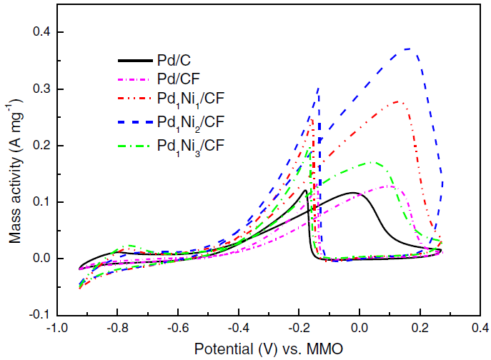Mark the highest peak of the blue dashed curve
click(407, 49)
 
